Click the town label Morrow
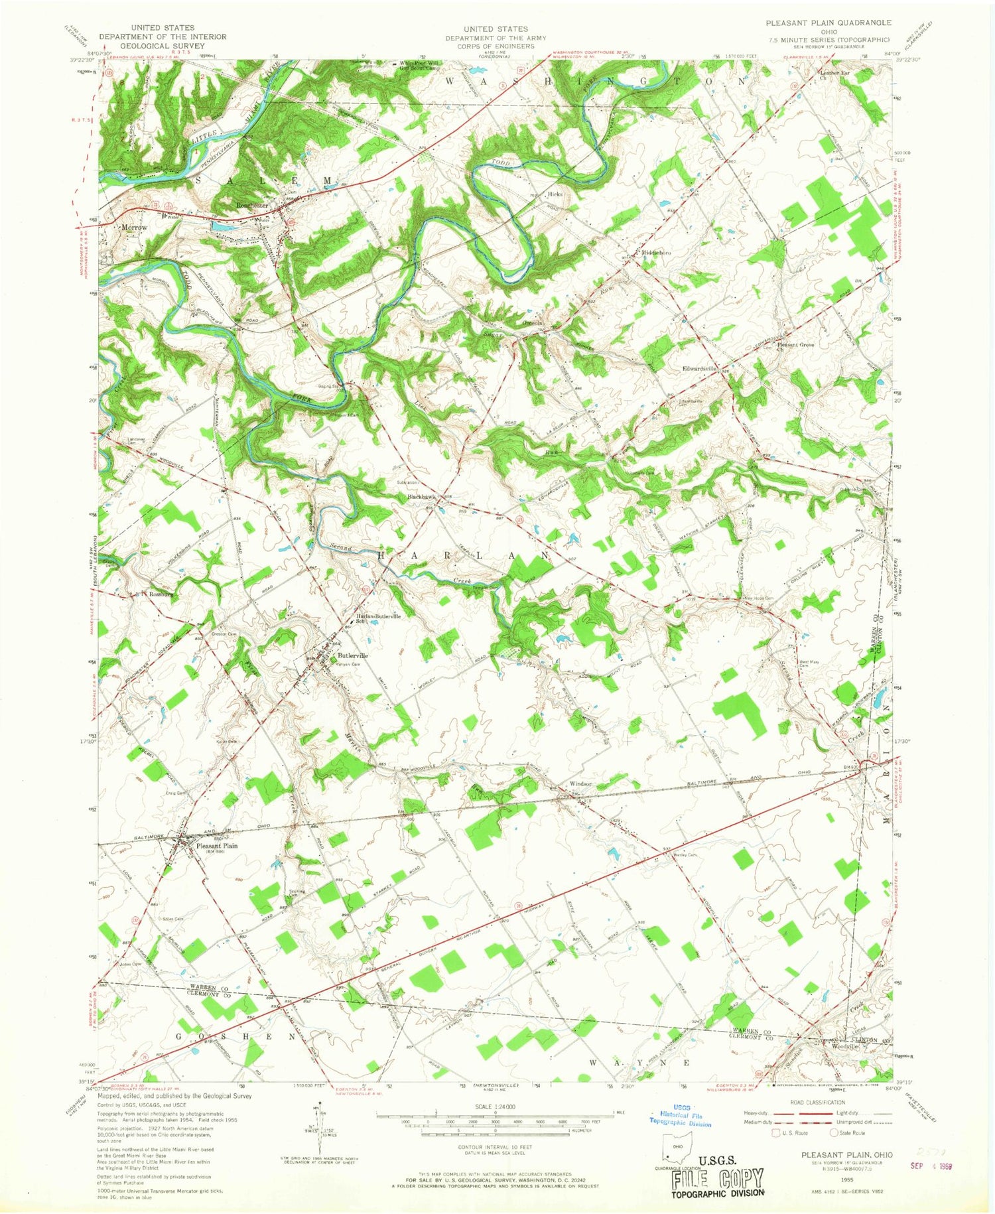coord(134,227)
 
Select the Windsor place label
coord(580,783)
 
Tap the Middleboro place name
coord(655,253)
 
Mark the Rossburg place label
coord(161,594)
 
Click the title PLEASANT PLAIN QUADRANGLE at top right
coord(828,23)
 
